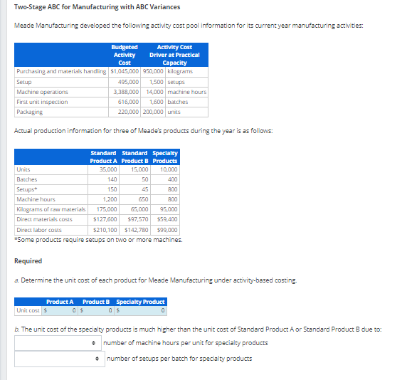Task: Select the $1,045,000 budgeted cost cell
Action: coord(125,72)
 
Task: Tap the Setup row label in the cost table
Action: coord(24,82)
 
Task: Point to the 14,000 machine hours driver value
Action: coord(154,92)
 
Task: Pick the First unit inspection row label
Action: coord(42,102)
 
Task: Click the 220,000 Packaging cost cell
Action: coord(127,112)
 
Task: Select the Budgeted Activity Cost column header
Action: coord(125,55)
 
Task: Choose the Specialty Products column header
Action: coord(164,157)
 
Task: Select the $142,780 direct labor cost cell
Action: coord(136,230)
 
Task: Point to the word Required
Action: coord(28,261)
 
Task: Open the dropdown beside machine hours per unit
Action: coord(57,343)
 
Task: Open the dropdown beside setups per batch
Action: coord(57,359)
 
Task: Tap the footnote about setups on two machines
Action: coord(99,240)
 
